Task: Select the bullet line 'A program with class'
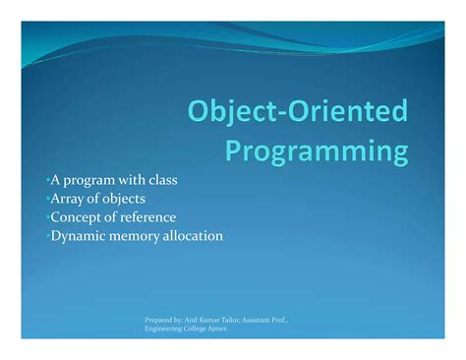point(112,180)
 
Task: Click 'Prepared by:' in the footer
point(162,320)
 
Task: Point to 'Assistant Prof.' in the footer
point(271,320)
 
